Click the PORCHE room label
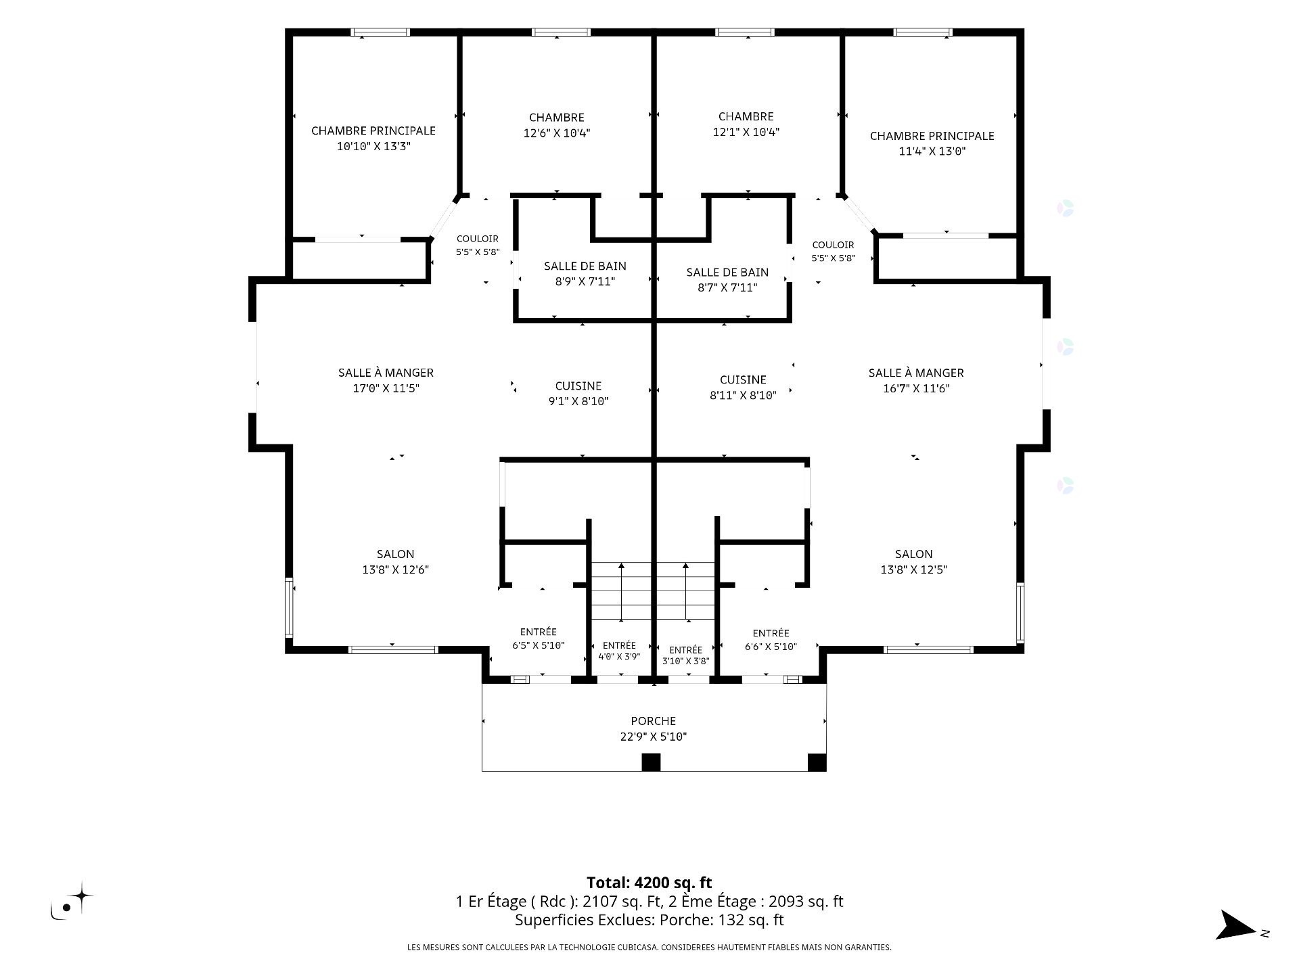coord(653,721)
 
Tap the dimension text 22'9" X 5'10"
coord(653,737)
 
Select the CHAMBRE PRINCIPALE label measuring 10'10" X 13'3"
coord(373,131)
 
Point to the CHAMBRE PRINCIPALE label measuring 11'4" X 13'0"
coord(932,136)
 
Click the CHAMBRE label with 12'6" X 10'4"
coord(556,118)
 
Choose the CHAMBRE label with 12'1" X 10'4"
coord(746,117)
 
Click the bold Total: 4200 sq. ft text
coord(649,883)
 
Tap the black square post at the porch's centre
coord(651,762)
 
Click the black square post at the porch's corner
coord(817,762)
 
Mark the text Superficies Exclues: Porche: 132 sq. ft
coord(649,920)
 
